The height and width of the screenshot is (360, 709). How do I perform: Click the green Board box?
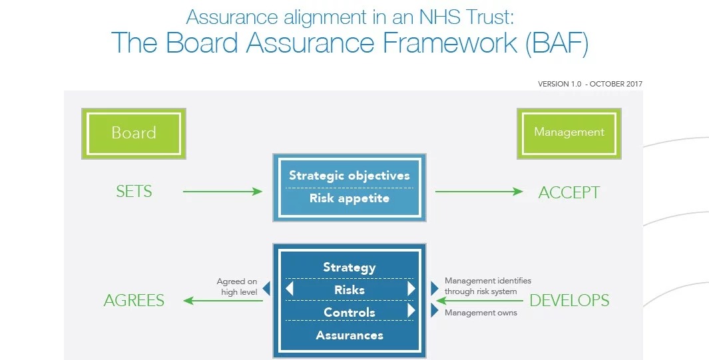tap(133, 133)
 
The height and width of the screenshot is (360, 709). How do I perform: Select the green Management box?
tap(569, 132)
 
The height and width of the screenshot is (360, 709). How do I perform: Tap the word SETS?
tap(134, 192)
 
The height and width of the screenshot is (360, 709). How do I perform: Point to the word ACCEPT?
tap(569, 192)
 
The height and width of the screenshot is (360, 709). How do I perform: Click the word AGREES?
tap(134, 301)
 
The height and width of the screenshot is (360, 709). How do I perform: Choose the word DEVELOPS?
tap(569, 300)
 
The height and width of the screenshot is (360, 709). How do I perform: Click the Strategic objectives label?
tap(350, 176)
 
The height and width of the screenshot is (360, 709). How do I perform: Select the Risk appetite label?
tap(350, 198)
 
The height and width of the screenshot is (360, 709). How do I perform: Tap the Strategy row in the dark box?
tap(350, 268)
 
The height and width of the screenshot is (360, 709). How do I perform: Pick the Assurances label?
tap(350, 335)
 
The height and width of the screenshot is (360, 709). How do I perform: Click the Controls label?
tap(350, 312)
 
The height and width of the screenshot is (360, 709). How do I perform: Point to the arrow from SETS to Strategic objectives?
tap(222, 192)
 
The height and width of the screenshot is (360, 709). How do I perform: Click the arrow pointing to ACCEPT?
tap(479, 192)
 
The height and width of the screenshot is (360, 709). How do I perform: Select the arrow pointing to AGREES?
tap(222, 301)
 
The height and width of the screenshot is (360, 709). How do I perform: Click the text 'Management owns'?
tap(481, 313)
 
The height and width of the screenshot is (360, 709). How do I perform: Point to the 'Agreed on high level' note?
tap(237, 287)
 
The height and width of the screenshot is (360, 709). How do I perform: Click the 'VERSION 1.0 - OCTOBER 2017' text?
tap(590, 84)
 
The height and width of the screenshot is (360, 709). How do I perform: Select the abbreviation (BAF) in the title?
tap(557, 43)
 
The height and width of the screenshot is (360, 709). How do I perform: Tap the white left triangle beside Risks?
tap(290, 289)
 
